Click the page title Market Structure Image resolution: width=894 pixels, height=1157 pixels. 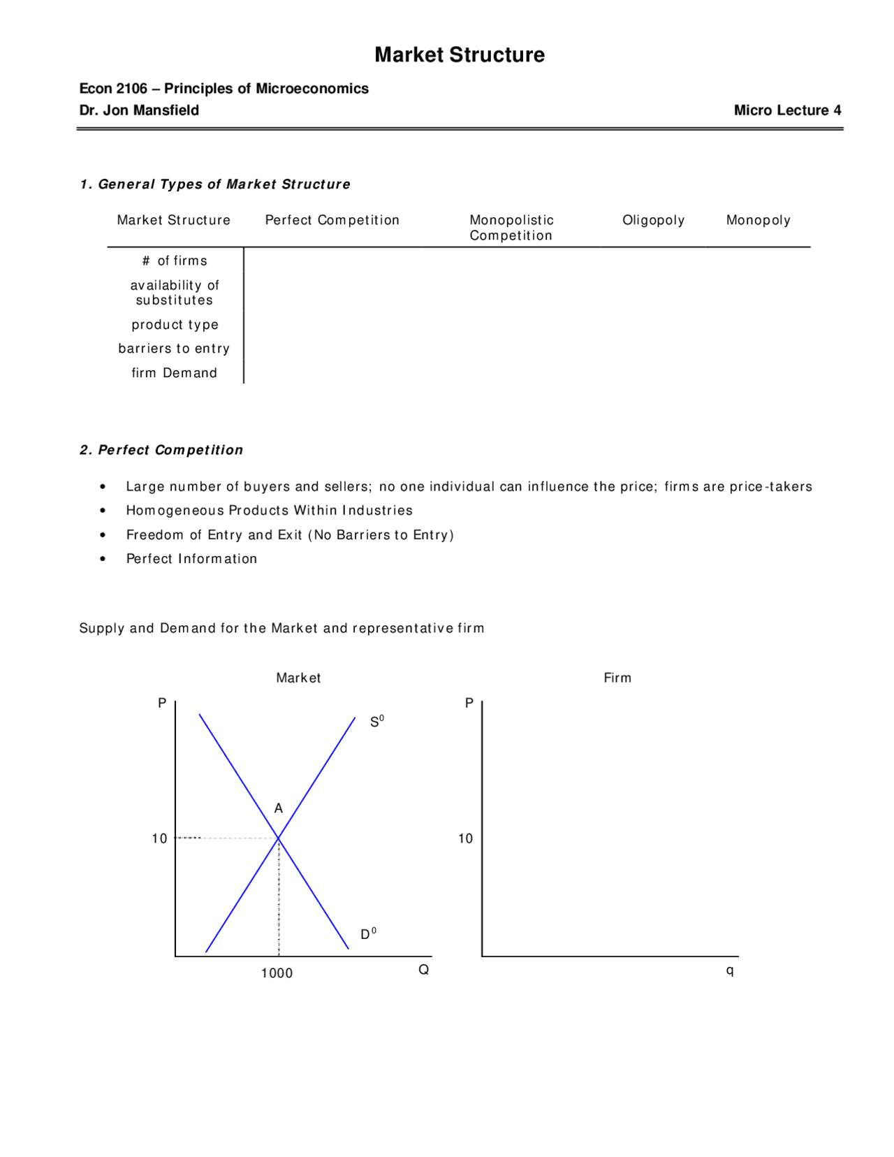(x=459, y=54)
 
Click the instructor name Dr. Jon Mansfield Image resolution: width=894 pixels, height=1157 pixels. (x=139, y=110)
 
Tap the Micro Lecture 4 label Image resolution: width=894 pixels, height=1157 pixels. (x=787, y=110)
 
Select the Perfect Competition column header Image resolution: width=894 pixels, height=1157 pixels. (x=332, y=220)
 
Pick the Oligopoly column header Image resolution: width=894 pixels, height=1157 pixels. (x=653, y=220)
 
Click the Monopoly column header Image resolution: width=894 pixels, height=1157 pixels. (x=758, y=220)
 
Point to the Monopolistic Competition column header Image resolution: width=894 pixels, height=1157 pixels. (x=511, y=228)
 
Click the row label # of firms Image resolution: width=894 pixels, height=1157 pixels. (x=175, y=261)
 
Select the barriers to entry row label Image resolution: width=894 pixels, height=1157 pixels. (x=174, y=349)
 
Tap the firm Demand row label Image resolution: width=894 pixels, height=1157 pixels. (x=174, y=373)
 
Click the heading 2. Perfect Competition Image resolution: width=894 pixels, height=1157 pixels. (x=161, y=450)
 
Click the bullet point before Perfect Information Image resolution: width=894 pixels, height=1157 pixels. (x=103, y=559)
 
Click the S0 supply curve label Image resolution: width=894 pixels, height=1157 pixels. (x=376, y=722)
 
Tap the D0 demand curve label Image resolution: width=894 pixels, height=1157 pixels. (x=368, y=934)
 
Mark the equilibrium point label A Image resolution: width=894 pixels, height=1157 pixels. (x=279, y=808)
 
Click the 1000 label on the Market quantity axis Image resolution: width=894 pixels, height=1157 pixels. (x=277, y=973)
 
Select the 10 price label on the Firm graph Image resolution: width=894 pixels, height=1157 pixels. (x=465, y=838)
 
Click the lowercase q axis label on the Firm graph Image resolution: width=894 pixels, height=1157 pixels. (x=730, y=970)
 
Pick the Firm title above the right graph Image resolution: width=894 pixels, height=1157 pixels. (x=617, y=678)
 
